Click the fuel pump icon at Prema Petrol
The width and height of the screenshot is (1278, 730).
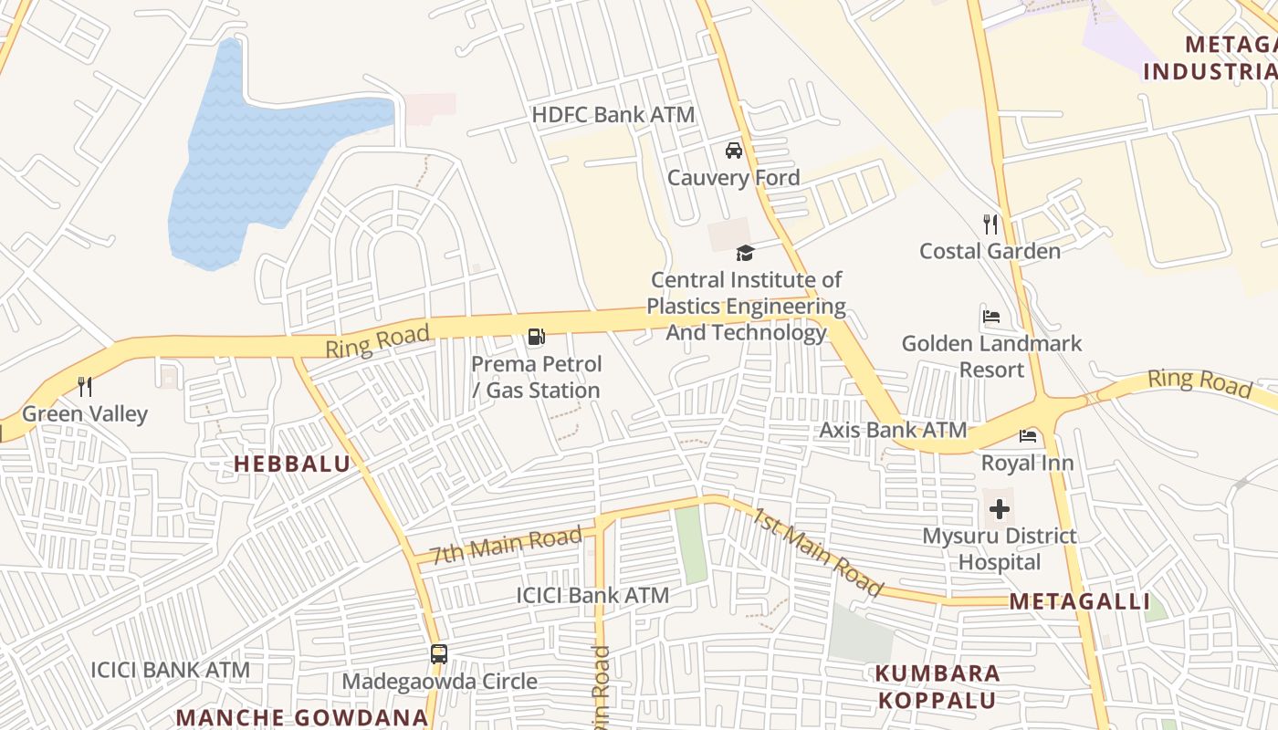pyautogui.click(x=536, y=337)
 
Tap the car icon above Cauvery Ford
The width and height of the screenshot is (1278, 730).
pyautogui.click(x=733, y=151)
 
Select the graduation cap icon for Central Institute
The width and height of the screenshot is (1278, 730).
pyautogui.click(x=746, y=253)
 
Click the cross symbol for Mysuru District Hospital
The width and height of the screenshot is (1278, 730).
pyautogui.click(x=1000, y=509)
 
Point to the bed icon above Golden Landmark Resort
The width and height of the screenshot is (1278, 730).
pyautogui.click(x=990, y=317)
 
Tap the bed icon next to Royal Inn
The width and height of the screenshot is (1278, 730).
pyautogui.click(x=1028, y=436)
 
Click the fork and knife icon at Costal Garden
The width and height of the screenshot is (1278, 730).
pyautogui.click(x=990, y=224)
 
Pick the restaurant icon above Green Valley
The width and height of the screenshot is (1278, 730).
pyautogui.click(x=85, y=387)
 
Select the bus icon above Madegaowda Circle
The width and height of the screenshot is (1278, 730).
pyautogui.click(x=439, y=654)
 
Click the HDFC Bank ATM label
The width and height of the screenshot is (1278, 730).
pyautogui.click(x=613, y=115)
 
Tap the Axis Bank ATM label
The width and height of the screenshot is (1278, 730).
pyautogui.click(x=892, y=430)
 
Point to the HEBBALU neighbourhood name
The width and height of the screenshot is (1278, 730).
pyautogui.click(x=292, y=464)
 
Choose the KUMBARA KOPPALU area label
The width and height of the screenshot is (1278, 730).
pyautogui.click(x=938, y=687)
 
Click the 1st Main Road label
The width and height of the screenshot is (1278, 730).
pyautogui.click(x=816, y=551)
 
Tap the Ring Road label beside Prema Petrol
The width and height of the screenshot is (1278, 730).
pyautogui.click(x=377, y=341)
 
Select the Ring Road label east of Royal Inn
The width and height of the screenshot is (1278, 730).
pyautogui.click(x=1199, y=382)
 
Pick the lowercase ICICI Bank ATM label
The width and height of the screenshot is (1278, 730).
pyautogui.click(x=592, y=596)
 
